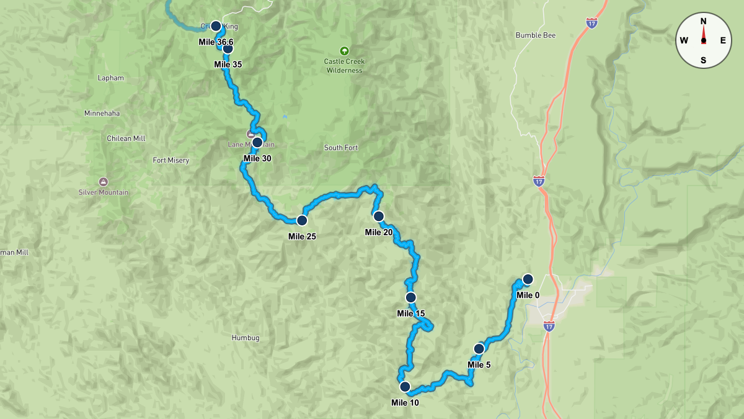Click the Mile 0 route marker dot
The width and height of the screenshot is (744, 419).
pos(528,279)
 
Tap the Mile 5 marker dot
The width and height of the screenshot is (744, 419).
pos(479,348)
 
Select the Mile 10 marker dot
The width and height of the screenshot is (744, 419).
pos(405,387)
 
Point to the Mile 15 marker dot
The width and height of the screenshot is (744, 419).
pos(410,297)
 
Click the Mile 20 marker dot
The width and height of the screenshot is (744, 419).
pos(378,216)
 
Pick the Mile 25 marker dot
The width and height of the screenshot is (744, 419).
pos(302,220)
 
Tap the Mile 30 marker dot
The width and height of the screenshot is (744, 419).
pos(257,142)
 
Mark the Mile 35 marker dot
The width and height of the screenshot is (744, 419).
pos(228,48)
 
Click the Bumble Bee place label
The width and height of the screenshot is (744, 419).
pos(536,35)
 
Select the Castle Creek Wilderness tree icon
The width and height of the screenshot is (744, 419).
pos(344,51)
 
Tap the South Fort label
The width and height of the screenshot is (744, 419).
pos(341,148)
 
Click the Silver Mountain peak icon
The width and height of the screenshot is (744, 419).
pos(103,181)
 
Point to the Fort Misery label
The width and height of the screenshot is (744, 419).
pos(170,160)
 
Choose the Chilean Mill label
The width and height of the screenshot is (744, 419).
pos(126,138)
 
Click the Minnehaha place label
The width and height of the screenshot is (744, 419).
pos(102,114)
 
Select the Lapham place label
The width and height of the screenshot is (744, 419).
pos(111,78)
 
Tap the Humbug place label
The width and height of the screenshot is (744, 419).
pos(246,338)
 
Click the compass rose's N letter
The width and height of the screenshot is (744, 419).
pos(703,21)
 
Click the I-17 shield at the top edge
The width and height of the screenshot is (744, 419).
pos(592,23)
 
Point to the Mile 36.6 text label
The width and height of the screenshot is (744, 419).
pos(215,42)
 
